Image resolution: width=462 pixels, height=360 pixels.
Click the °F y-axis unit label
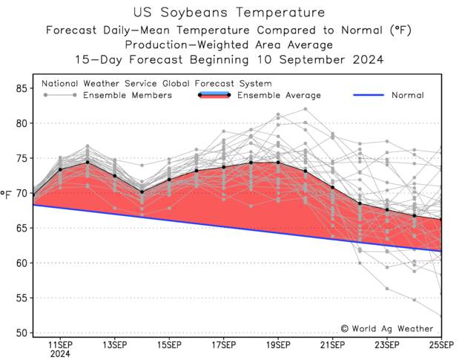[7, 194]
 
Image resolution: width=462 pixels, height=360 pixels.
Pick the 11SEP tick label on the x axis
[60, 346]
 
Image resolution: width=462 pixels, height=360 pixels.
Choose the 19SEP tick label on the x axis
[278, 346]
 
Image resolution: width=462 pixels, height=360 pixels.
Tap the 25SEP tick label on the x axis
[441, 346]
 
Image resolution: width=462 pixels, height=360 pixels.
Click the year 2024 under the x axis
[60, 355]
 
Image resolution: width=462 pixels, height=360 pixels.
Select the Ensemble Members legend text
[128, 95]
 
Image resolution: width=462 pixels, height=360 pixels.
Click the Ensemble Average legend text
[279, 95]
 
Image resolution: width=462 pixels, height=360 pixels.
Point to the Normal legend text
[407, 95]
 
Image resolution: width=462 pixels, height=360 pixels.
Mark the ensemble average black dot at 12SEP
[88, 162]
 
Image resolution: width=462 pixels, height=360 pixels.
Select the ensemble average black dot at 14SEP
[142, 192]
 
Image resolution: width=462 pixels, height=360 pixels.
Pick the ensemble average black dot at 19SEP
[278, 162]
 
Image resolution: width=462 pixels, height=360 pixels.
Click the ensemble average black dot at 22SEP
[360, 203]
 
